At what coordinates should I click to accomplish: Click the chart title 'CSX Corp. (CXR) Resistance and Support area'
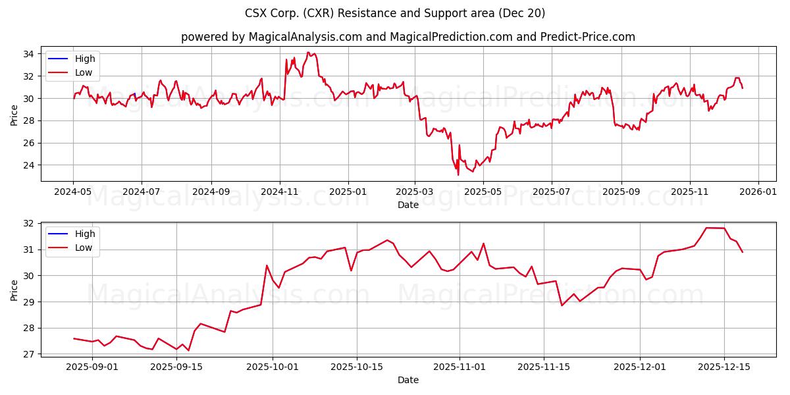tap(395, 13)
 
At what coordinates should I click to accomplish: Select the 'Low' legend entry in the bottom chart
tap(84, 248)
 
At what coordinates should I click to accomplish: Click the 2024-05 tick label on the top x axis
tap(73, 192)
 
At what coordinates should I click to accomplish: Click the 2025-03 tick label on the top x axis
tap(415, 192)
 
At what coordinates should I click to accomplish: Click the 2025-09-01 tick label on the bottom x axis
tap(92, 367)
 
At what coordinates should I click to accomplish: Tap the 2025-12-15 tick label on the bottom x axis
tap(724, 367)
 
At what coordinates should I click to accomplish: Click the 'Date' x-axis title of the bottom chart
tap(408, 380)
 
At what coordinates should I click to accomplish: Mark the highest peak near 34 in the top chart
tap(308, 53)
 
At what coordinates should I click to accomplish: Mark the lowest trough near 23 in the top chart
tap(458, 174)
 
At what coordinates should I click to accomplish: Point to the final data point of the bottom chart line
tap(743, 252)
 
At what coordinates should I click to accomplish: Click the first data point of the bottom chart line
tap(74, 338)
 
